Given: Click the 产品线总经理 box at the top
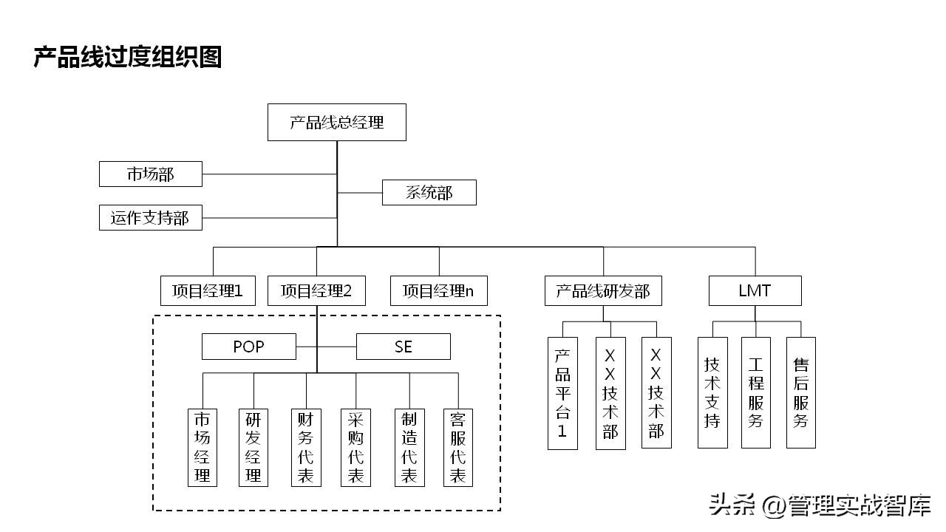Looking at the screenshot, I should click(x=336, y=123).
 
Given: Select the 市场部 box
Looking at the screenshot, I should click(x=151, y=174).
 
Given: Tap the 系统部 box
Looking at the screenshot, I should click(x=429, y=193).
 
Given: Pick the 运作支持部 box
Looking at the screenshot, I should click(x=151, y=218).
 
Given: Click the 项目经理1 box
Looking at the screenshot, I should click(x=208, y=291).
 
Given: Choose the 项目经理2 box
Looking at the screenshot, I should click(x=316, y=291).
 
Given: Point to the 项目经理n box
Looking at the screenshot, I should click(x=439, y=291).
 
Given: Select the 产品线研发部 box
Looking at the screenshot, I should click(x=603, y=291).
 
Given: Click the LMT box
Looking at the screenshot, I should click(x=755, y=291).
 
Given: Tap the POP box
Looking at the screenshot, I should click(x=249, y=347).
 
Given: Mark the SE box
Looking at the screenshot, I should click(x=404, y=347).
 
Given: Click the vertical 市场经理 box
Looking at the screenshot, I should click(x=203, y=447).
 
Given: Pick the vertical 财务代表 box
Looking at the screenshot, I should click(x=306, y=447).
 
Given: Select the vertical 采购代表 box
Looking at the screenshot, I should click(x=355, y=447).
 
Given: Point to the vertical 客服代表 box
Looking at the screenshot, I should click(x=458, y=447).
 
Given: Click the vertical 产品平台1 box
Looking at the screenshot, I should click(x=562, y=393).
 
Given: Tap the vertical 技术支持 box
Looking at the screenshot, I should click(x=712, y=392).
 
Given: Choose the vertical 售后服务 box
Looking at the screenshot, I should click(x=801, y=392).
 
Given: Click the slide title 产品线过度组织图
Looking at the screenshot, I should click(x=128, y=57).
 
